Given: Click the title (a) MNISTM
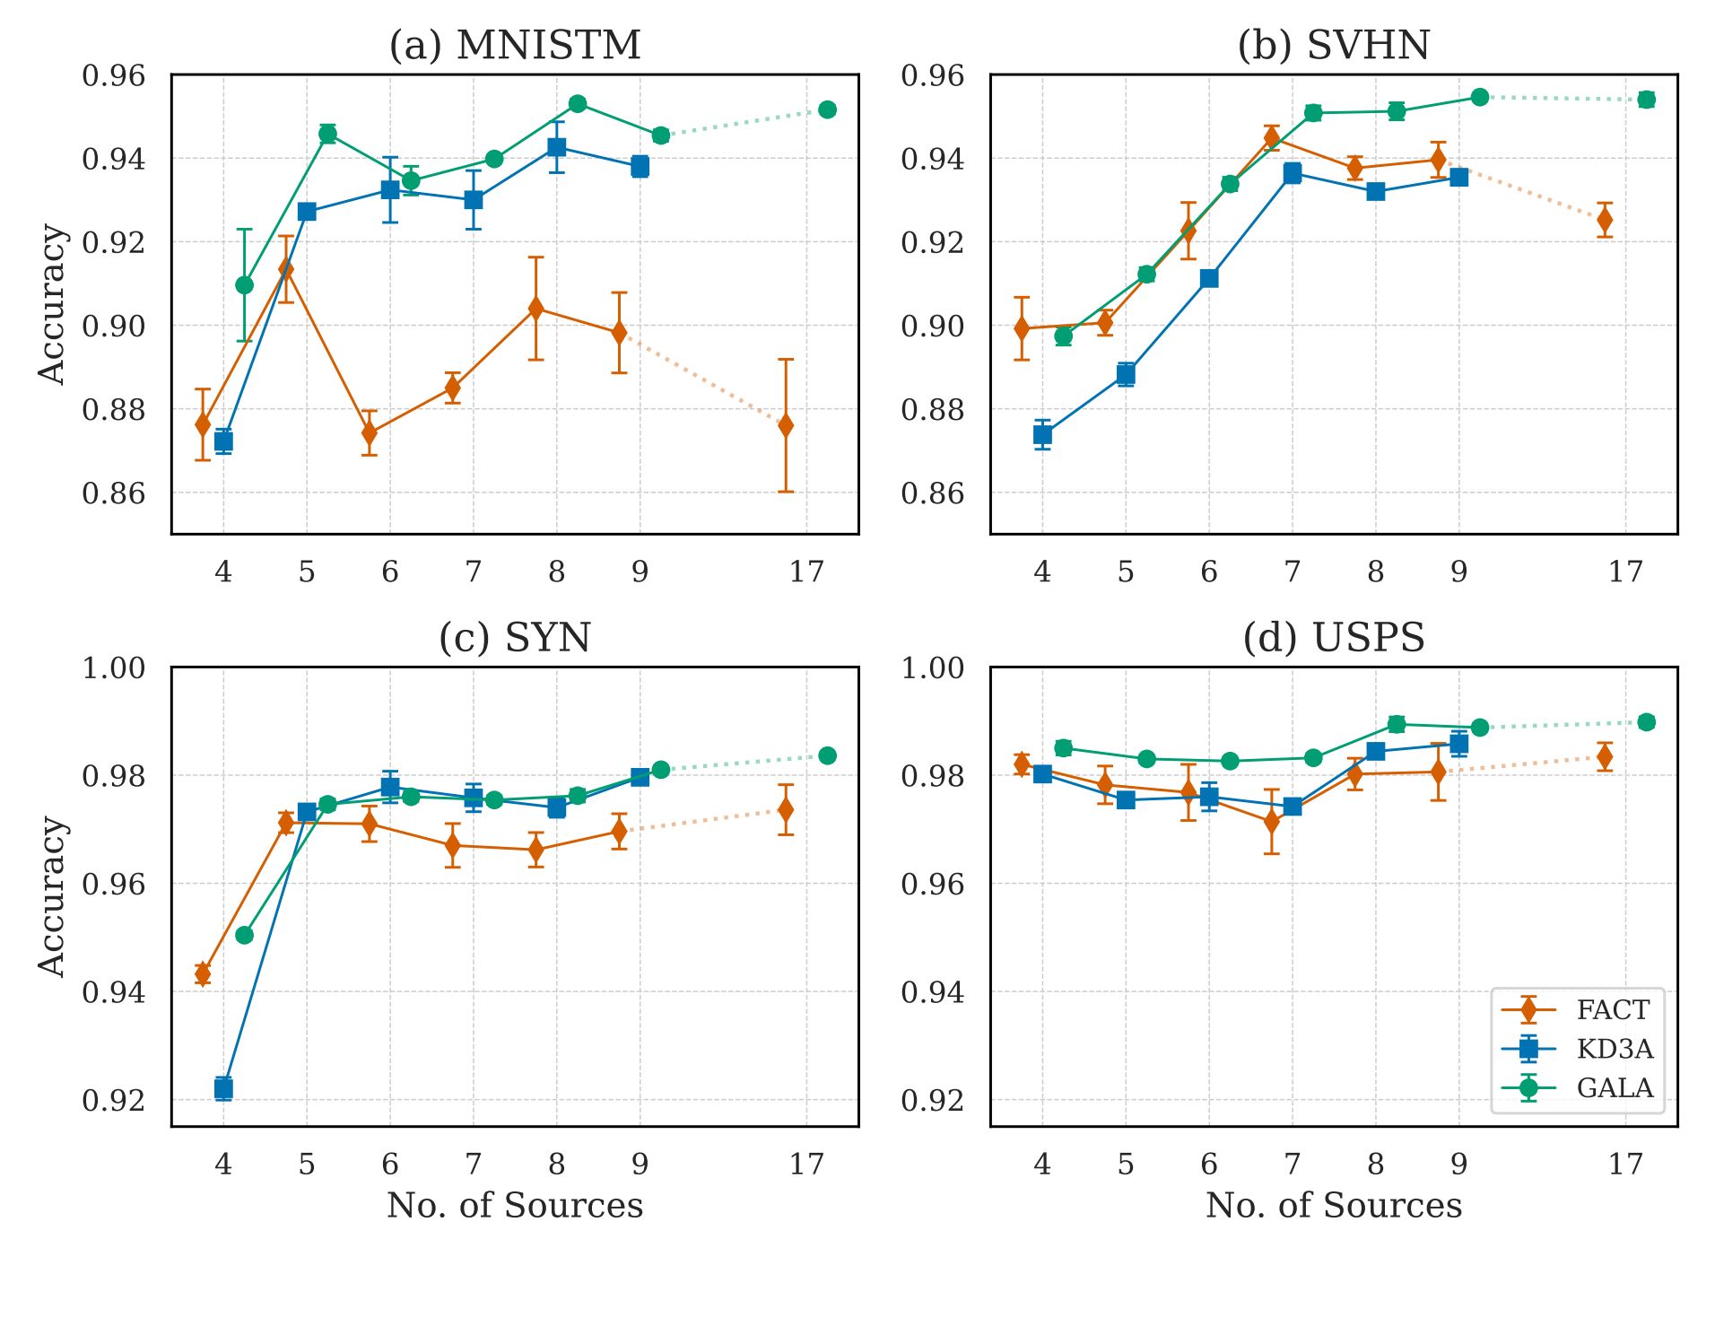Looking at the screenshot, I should point(515,45).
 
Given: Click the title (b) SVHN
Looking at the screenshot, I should point(1333,45).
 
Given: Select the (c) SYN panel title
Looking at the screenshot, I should point(515,638).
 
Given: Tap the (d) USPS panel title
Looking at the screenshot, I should point(1333,638).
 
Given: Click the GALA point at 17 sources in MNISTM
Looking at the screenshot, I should point(827,109).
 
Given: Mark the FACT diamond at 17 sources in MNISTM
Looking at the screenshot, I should point(786,425).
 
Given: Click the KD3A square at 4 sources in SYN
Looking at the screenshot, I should point(223,1088).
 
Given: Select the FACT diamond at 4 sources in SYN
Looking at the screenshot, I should point(203,973).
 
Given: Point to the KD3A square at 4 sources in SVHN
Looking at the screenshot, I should point(1042,434).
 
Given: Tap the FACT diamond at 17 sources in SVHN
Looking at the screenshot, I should point(1605,220).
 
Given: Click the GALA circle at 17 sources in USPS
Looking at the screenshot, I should point(1646,722).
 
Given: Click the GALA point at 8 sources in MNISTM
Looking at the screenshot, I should point(578,104).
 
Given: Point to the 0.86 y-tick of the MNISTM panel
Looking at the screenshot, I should point(113,493).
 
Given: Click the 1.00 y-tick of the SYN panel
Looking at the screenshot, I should point(113,668).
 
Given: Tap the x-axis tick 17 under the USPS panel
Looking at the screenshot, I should point(1624,1164).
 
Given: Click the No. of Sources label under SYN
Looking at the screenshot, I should point(515,1205).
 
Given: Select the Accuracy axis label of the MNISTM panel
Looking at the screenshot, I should point(52,304).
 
